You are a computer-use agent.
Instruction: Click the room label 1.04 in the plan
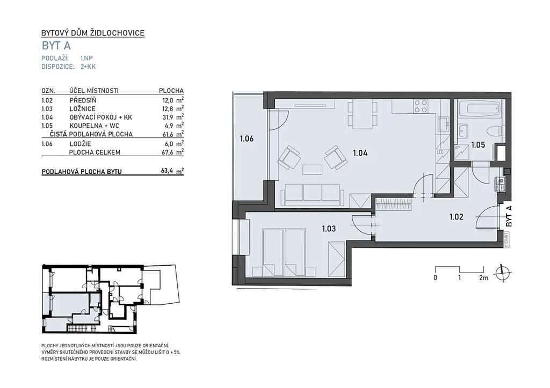pyautogui.click(x=360, y=153)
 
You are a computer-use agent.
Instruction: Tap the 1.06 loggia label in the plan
pyautogui.click(x=247, y=138)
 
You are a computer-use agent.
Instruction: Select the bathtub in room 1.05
pyautogui.click(x=477, y=108)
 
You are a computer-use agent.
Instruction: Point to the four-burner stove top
pyautogui.click(x=420, y=107)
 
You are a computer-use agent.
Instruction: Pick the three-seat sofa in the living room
pyautogui.click(x=313, y=194)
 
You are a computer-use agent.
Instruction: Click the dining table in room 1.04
pyautogui.click(x=363, y=114)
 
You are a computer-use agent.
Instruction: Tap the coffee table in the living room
pyautogui.click(x=312, y=170)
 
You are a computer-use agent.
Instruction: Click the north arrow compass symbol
pyautogui.click(x=502, y=272)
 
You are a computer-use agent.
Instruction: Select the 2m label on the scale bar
pyautogui.click(x=483, y=278)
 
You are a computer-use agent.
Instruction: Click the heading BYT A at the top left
pyautogui.click(x=56, y=46)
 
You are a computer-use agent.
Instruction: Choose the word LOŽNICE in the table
pyautogui.click(x=82, y=108)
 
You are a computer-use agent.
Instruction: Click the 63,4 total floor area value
pyautogui.click(x=167, y=171)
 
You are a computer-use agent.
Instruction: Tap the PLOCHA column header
pyautogui.click(x=171, y=91)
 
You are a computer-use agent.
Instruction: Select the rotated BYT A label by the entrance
pyautogui.click(x=509, y=216)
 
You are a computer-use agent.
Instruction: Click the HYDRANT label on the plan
pyautogui.click(x=506, y=240)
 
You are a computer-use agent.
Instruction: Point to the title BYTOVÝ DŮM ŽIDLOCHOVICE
pyautogui.click(x=93, y=33)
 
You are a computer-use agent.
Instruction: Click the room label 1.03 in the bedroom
pyautogui.click(x=329, y=229)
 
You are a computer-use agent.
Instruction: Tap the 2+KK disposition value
pyautogui.click(x=88, y=67)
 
